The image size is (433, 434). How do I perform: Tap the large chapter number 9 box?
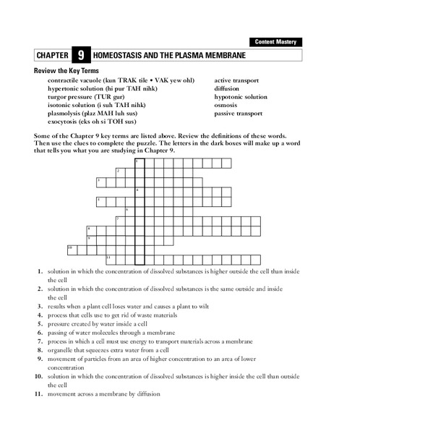click(81, 55)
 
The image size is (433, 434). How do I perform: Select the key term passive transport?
click(238, 113)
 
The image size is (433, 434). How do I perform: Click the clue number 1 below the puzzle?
click(40, 271)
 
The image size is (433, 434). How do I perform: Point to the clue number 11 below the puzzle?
click(38, 393)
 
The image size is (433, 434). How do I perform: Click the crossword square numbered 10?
click(72, 249)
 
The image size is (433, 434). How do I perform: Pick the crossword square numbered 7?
click(120, 219)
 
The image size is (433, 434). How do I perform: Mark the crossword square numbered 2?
click(120, 171)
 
